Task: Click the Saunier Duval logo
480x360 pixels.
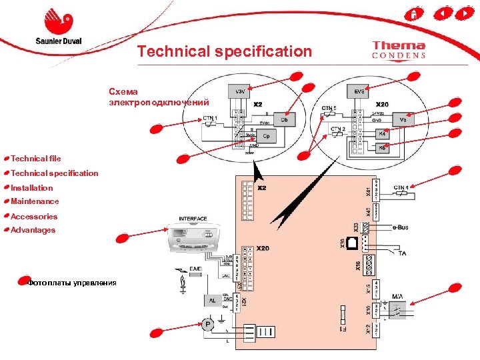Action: (x=58, y=27)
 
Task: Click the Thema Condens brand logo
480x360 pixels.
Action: (x=399, y=50)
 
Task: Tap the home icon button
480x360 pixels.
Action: (x=414, y=13)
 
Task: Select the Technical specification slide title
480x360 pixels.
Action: (x=224, y=51)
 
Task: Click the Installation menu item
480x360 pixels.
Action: (x=31, y=188)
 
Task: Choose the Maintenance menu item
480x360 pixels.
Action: (x=35, y=201)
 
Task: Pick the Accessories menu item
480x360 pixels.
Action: (x=34, y=217)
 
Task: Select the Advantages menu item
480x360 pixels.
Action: (x=33, y=230)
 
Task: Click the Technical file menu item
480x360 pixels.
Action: (x=35, y=159)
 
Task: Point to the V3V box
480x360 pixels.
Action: (x=239, y=91)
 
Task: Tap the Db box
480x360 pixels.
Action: (x=284, y=120)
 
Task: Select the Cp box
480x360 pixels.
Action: (x=267, y=136)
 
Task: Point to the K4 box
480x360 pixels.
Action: (x=382, y=133)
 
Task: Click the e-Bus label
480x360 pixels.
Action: (x=400, y=227)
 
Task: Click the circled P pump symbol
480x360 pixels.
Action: (x=208, y=325)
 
